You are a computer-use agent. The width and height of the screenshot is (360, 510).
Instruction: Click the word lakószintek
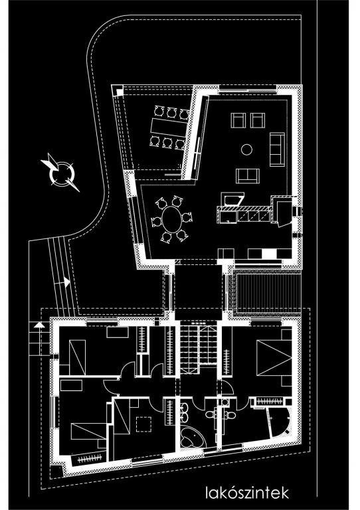[x=247, y=493]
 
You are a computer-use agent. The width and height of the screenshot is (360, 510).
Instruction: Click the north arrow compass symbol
[x=61, y=173]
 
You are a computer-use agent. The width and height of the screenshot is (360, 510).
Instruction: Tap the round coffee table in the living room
[x=247, y=149]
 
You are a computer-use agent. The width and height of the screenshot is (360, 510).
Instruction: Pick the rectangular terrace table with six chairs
[x=168, y=127]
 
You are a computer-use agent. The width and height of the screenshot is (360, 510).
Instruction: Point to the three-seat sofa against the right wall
[x=277, y=149]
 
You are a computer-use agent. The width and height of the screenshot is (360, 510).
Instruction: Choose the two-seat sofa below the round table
[x=248, y=176]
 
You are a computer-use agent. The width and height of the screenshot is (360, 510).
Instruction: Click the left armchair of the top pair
[x=238, y=120]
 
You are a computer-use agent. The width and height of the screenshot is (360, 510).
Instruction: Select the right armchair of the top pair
[x=258, y=120]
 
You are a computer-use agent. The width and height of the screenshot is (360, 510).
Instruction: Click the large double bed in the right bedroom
[x=274, y=358]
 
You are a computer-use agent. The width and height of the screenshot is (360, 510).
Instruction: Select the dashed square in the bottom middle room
[x=143, y=424]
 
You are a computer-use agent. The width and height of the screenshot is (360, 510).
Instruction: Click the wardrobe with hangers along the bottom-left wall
[x=90, y=459]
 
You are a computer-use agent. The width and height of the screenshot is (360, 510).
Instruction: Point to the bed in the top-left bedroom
[x=77, y=357]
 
